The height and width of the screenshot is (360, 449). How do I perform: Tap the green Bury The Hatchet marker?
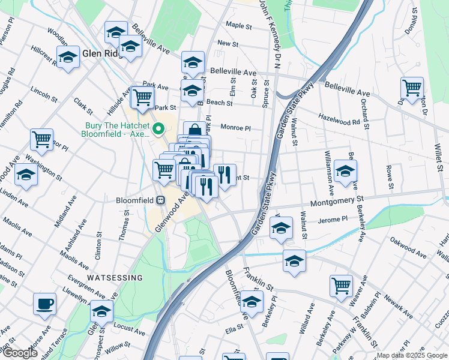click(159, 128)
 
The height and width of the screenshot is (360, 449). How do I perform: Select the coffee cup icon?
click(44, 304)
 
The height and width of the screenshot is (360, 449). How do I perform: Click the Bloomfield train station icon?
click(160, 200)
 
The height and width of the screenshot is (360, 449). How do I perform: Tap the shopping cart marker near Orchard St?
click(412, 88)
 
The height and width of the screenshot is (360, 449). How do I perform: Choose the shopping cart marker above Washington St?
click(41, 140)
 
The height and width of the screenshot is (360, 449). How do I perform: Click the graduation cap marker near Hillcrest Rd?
click(68, 58)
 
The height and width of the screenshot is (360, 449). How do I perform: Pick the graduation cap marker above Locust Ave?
click(102, 311)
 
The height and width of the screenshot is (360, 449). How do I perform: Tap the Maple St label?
click(238, 26)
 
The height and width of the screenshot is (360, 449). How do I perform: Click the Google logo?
click(20, 353)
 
